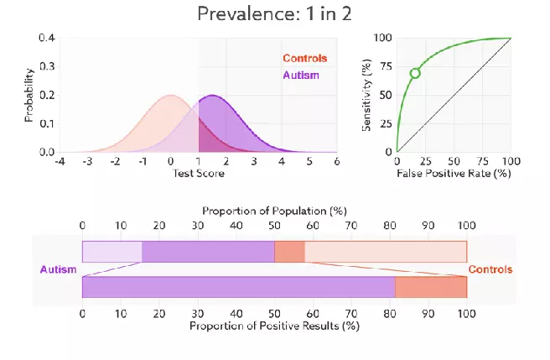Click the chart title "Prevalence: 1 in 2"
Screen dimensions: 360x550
[274, 13]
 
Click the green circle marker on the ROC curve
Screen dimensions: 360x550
[414, 74]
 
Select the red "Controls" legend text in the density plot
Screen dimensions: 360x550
[304, 59]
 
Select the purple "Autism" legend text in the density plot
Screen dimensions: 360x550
[302, 76]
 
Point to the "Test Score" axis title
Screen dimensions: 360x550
[198, 174]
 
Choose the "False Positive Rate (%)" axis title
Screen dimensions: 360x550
[453, 174]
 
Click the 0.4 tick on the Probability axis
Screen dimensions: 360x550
[46, 38]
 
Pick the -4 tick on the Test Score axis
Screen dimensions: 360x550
[60, 162]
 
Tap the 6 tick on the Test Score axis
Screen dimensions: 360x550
[336, 162]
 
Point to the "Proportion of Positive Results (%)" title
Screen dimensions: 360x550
[274, 325]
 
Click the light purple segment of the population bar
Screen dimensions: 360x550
[112, 252]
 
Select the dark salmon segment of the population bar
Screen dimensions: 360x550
[290, 252]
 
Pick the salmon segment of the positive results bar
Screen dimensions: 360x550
[431, 287]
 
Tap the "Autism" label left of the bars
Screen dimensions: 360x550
[58, 269]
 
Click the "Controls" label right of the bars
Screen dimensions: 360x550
[490, 269]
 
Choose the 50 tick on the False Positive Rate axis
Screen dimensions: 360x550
[454, 161]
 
